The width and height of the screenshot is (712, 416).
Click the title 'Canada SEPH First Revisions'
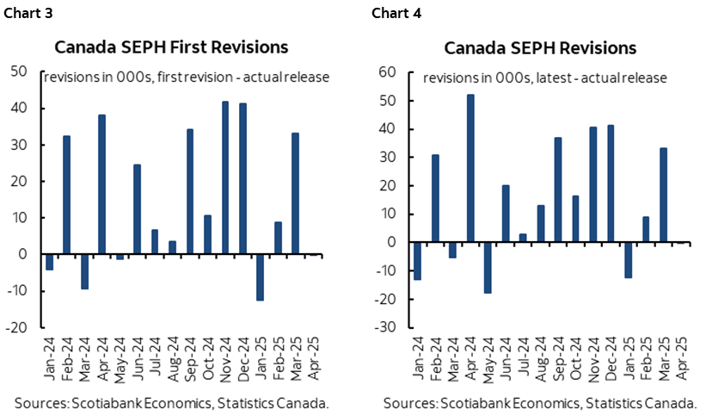(x=171, y=47)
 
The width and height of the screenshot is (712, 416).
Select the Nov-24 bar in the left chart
(x=225, y=178)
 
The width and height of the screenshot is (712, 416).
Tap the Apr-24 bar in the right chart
(x=470, y=168)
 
